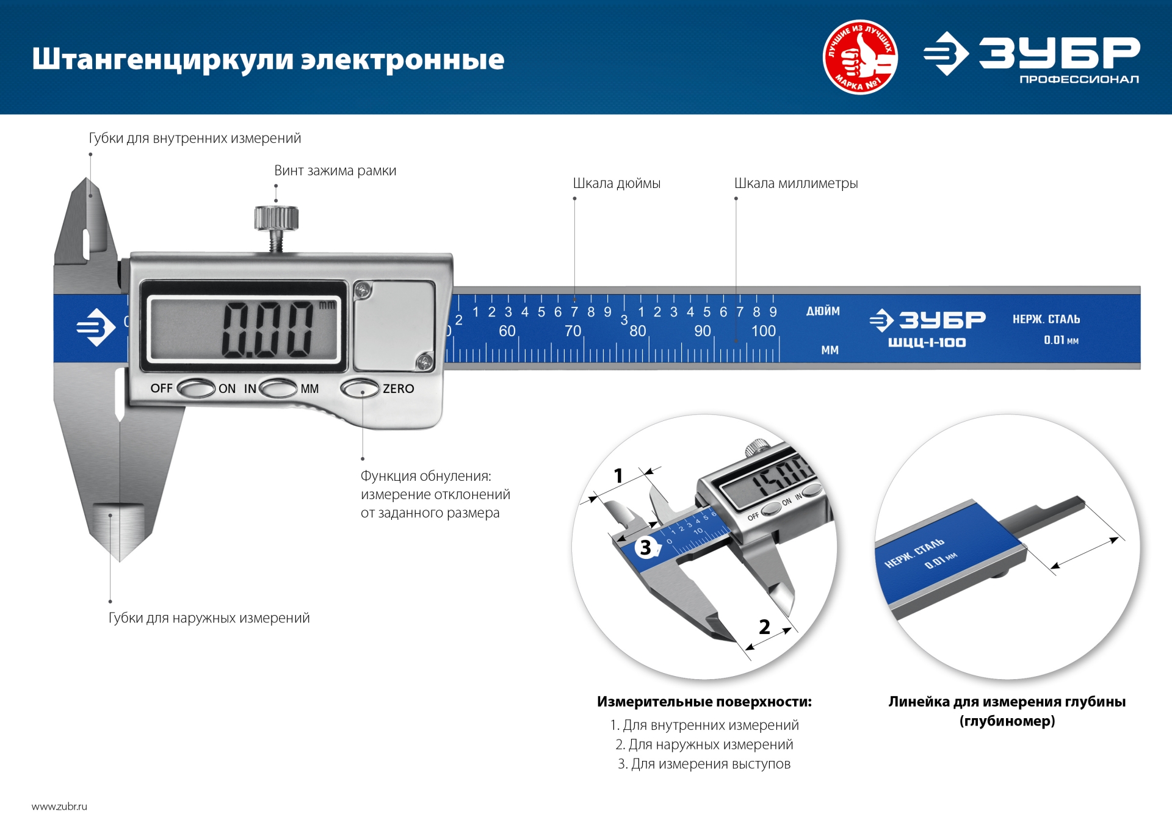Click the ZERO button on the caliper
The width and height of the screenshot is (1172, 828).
coord(360,389)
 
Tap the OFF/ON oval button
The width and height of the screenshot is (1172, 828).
coord(196,389)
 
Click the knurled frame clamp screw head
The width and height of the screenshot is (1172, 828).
coord(276,218)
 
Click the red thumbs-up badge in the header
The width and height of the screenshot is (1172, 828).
coord(860,57)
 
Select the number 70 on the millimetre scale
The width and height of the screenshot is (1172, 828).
coord(573,331)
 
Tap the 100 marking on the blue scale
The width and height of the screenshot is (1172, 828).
coord(763,331)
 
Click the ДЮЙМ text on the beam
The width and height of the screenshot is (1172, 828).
coord(823,311)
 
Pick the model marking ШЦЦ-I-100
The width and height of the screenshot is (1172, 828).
coord(927,343)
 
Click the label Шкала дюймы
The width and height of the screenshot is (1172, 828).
coord(617,183)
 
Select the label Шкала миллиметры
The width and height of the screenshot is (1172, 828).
coord(796,183)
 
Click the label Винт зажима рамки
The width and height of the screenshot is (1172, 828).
coord(335,171)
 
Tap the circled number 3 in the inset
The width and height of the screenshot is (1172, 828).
coord(646,547)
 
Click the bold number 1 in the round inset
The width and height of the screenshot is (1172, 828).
coord(618,475)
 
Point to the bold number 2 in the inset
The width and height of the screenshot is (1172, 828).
coord(764,627)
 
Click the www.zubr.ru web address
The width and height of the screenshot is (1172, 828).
coord(59,807)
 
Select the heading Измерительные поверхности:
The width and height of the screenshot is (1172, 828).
coord(704,702)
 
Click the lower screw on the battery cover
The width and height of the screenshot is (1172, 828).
coord(424,362)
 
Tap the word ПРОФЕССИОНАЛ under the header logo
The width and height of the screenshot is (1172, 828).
coord(1079,79)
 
